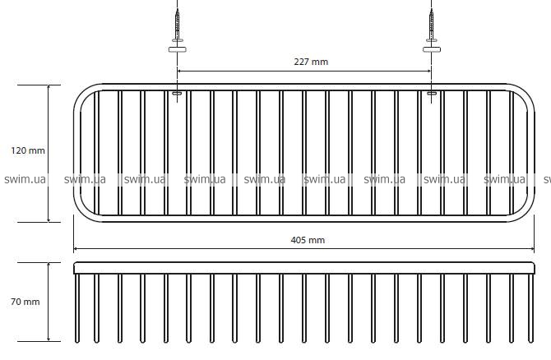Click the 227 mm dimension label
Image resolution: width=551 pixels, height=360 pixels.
click(x=311, y=62)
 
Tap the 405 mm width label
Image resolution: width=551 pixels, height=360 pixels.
click(x=308, y=240)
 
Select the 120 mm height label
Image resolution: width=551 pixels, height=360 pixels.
click(x=28, y=150)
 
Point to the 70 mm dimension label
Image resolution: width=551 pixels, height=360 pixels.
click(x=25, y=302)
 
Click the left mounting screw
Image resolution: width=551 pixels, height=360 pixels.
click(x=178, y=25)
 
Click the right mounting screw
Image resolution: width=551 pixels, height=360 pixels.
click(x=432, y=25)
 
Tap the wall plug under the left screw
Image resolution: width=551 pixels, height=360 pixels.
click(x=178, y=49)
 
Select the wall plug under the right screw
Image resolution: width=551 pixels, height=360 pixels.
click(x=432, y=49)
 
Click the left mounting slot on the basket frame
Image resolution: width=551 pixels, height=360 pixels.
click(x=177, y=94)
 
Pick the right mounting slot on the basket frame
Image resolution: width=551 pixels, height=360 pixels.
click(x=431, y=94)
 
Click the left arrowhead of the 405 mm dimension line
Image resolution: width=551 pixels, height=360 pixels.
click(x=76, y=249)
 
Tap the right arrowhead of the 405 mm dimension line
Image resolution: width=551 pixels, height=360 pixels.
click(x=532, y=249)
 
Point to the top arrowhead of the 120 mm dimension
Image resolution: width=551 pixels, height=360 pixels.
click(x=49, y=87)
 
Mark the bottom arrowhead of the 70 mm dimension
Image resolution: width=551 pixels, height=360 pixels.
click(x=49, y=339)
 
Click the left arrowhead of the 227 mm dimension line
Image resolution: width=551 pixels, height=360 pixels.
click(x=179, y=71)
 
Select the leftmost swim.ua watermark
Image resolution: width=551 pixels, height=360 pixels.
click(x=25, y=179)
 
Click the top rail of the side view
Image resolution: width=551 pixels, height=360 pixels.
click(x=304, y=268)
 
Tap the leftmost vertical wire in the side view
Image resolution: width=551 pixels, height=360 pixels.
click(x=77, y=308)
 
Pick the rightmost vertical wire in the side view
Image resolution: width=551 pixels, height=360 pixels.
click(x=530, y=308)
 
